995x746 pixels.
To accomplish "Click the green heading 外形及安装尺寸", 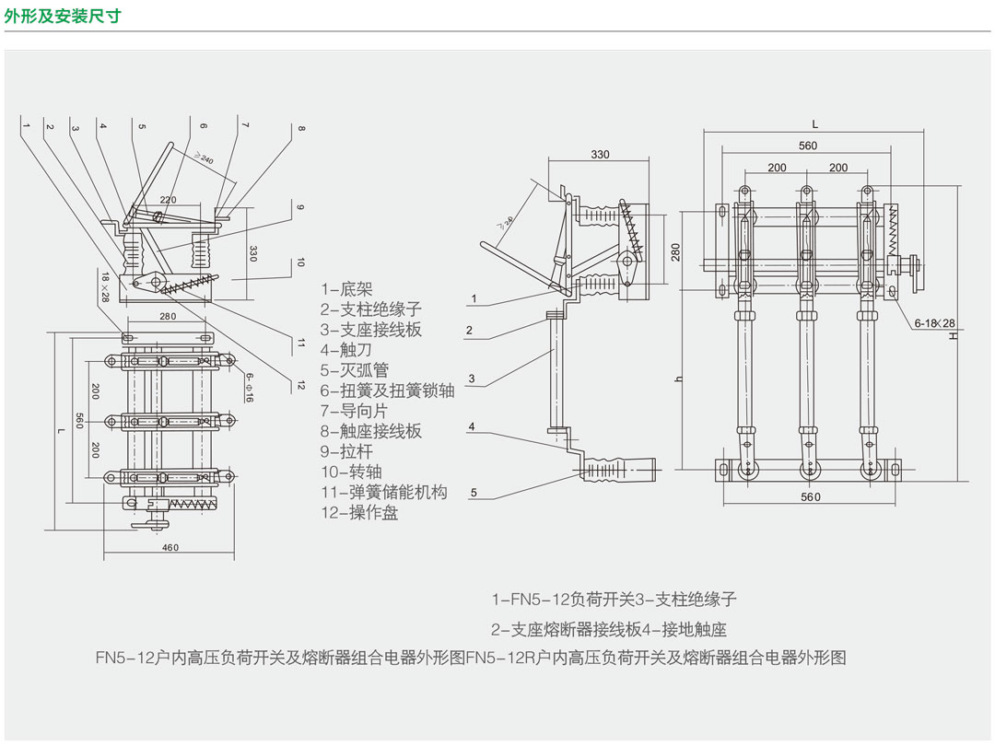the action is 63,16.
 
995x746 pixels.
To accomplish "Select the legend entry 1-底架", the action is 346,289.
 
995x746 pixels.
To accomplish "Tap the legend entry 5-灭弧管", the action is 354,370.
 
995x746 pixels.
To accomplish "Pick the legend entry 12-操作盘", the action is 359,513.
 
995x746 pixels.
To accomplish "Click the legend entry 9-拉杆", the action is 346,451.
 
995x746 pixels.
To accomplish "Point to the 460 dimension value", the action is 170,547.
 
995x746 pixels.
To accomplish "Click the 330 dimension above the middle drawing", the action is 600,154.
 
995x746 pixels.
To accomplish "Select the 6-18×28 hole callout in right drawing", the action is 934,323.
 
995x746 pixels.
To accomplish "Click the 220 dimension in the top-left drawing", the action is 169,200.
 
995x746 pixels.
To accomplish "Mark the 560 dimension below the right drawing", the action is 811,497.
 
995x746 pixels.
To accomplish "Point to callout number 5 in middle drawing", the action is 474,492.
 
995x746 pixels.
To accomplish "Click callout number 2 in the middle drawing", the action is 469,330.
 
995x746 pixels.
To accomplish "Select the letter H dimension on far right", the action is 953,336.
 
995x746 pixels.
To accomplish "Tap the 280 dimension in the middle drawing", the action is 676,251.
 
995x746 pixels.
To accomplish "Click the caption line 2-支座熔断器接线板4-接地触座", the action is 609,629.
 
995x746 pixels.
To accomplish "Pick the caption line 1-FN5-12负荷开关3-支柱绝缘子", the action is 614,599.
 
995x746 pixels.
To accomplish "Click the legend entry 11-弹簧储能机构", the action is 384,492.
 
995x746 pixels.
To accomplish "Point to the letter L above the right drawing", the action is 814,125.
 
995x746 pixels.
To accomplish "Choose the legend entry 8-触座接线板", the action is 371,431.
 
